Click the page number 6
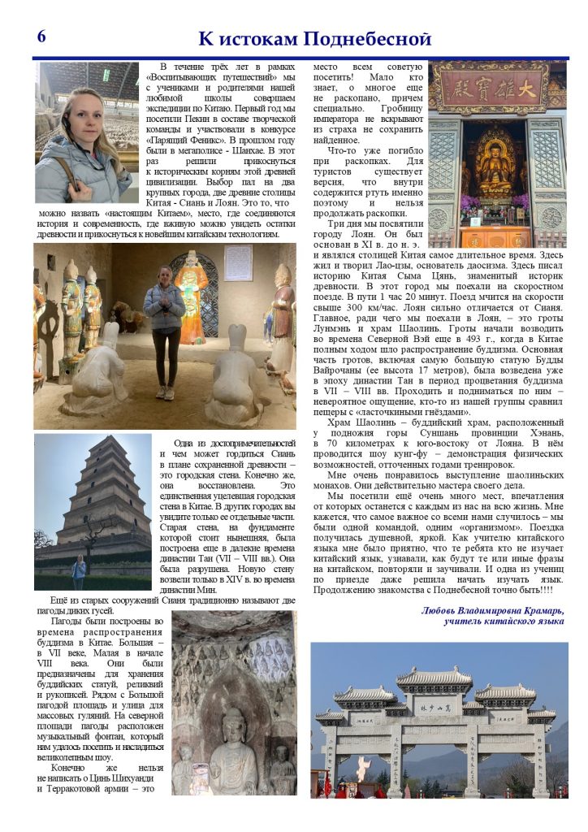point(41,36)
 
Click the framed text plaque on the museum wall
point(238,262)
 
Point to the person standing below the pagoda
point(79,573)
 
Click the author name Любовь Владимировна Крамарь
point(493,610)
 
